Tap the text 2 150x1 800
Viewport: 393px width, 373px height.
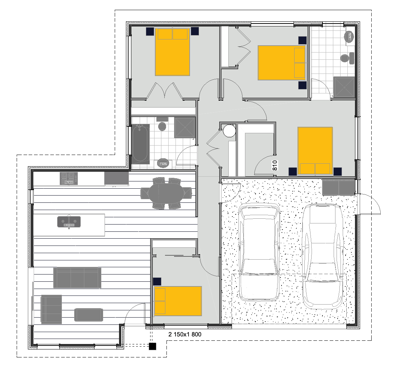pos(185,335)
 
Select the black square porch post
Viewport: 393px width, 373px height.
pos(153,347)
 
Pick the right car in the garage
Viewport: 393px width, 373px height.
pos(323,255)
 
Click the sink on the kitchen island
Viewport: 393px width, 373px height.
pos(69,222)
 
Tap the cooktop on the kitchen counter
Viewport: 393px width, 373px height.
pos(69,179)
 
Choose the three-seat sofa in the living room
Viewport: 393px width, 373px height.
pos(77,278)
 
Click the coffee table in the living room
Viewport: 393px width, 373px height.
pos(89,315)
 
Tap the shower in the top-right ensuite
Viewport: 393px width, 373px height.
pos(344,87)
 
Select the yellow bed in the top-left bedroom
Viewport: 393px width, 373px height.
pos(173,52)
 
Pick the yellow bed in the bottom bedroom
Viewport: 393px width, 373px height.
pos(178,301)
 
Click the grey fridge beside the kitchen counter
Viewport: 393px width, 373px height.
pos(116,179)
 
